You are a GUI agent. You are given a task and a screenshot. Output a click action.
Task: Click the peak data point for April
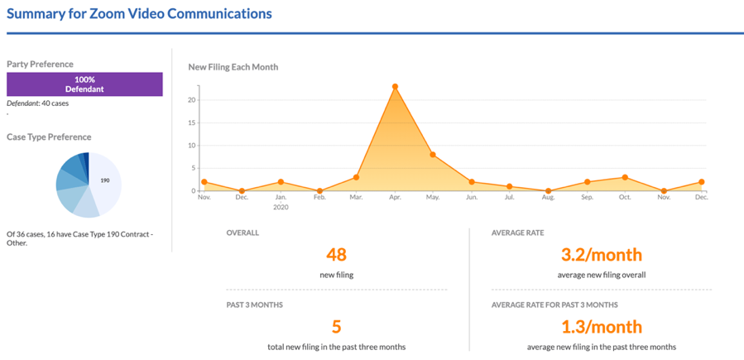point(395,86)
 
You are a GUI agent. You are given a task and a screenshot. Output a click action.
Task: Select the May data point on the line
point(433,155)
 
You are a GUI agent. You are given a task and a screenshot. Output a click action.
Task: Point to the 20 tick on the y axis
point(191,100)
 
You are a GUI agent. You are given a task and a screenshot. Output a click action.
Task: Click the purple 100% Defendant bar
point(84,84)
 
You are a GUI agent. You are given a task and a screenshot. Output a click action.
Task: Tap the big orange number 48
point(336,255)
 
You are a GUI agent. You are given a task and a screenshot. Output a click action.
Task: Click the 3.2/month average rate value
point(602,255)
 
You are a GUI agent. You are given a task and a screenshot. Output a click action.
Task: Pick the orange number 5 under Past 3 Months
point(336,327)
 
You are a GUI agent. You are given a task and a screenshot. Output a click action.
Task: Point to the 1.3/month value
point(602,327)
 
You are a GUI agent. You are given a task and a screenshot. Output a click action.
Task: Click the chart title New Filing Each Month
point(233,66)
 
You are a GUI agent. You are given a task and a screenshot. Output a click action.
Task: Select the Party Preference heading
point(40,64)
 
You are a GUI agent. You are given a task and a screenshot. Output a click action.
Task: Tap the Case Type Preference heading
point(49,137)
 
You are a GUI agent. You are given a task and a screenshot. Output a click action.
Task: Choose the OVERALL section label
point(242,233)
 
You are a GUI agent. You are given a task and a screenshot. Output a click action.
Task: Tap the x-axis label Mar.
point(356,199)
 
